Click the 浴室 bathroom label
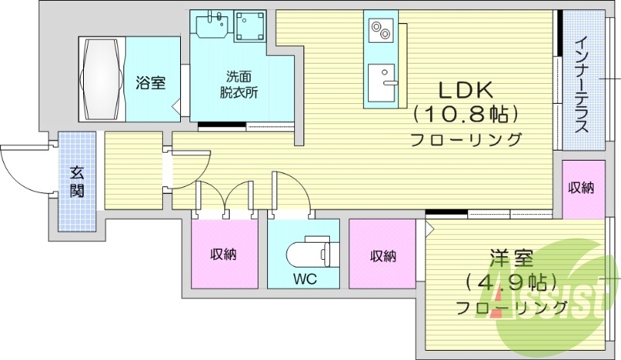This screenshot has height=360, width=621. pyautogui.click(x=150, y=82)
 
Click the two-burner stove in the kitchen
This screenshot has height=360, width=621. pyautogui.click(x=381, y=31)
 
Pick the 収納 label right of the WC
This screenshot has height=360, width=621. pyautogui.click(x=383, y=254)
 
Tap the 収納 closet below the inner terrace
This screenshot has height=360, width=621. pyautogui.click(x=582, y=188)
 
